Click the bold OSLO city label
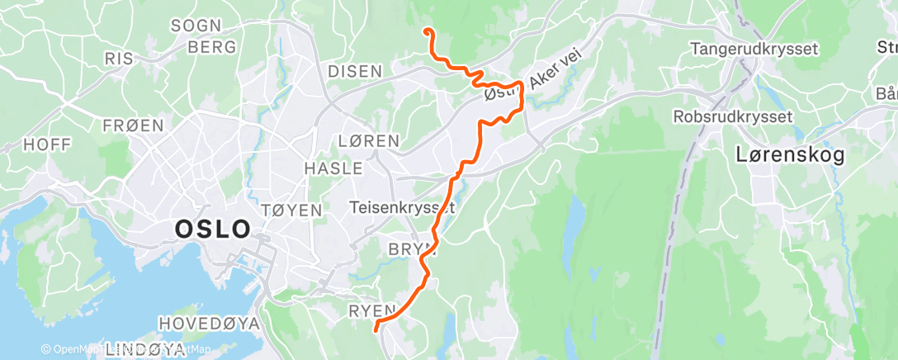click(x=212, y=229)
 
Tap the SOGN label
click(x=197, y=26)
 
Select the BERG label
click(x=212, y=47)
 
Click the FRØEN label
click(x=133, y=126)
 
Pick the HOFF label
click(x=47, y=144)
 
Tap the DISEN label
click(x=355, y=71)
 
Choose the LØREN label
click(x=369, y=140)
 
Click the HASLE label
click(x=333, y=168)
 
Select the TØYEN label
click(x=291, y=211)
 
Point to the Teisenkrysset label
click(x=402, y=207)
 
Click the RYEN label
click(x=374, y=310)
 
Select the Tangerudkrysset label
click(x=754, y=49)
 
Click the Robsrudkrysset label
click(x=733, y=116)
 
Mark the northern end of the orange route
click(x=428, y=31)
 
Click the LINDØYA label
click(x=145, y=350)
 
